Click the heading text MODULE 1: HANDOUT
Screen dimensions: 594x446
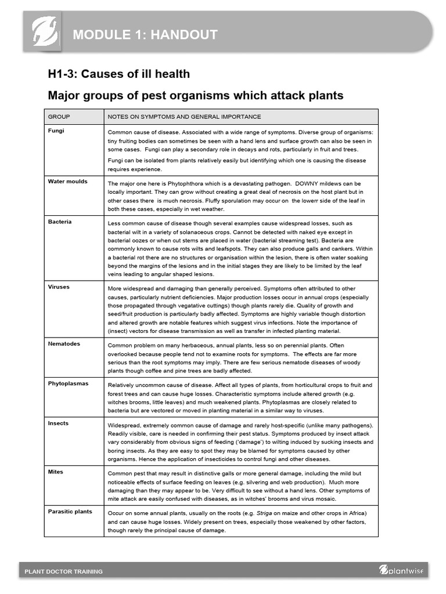point(145,35)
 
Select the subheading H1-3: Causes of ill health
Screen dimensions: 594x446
point(118,74)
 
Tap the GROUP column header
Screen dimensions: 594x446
point(59,117)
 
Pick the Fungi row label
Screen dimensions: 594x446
point(56,131)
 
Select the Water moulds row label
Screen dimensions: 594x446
point(67,182)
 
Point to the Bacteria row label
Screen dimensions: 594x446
point(60,222)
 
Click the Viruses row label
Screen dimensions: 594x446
point(59,287)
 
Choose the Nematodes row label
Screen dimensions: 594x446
point(64,343)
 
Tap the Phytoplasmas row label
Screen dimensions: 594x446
point(67,383)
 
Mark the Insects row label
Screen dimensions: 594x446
point(58,423)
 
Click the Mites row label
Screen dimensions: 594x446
point(56,472)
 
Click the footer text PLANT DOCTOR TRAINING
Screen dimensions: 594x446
point(64,571)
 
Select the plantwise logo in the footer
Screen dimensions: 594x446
point(401,570)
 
